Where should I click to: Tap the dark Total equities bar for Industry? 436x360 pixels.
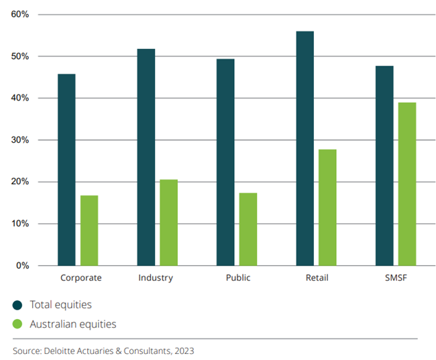coord(146,157)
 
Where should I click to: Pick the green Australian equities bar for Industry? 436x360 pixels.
coord(168,222)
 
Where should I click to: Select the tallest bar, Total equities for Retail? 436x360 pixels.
coord(305,148)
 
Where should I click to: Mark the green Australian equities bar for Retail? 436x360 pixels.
coord(327,207)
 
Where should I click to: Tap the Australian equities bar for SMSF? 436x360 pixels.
coord(407,184)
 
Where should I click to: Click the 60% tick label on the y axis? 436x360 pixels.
coord(20,14)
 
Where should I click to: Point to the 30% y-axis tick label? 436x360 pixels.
coord(20,140)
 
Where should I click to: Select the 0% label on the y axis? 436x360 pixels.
coord(22,265)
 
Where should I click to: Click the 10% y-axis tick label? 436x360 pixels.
coord(20,224)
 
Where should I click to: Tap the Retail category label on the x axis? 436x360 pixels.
coord(315,278)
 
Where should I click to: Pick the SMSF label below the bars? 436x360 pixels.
coord(395,278)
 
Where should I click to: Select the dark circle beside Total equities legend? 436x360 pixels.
coord(17,305)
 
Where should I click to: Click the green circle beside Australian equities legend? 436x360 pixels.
coord(17,324)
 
